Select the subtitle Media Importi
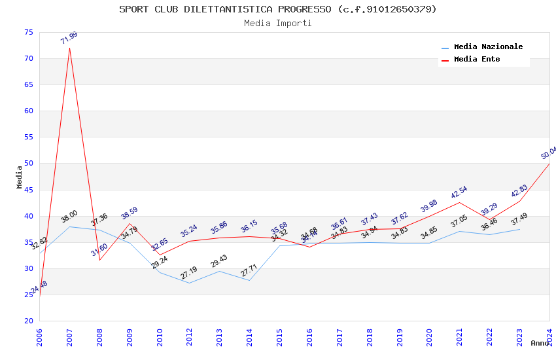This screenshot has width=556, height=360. (278, 23)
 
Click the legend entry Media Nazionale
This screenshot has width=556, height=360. (488, 46)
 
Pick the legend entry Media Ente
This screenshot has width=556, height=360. (477, 59)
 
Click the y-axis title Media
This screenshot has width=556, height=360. (20, 177)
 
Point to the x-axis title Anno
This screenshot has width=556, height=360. (540, 343)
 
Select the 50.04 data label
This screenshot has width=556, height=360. (548, 153)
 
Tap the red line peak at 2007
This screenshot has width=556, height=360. (69, 48)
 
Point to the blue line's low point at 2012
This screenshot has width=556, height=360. (190, 283)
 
